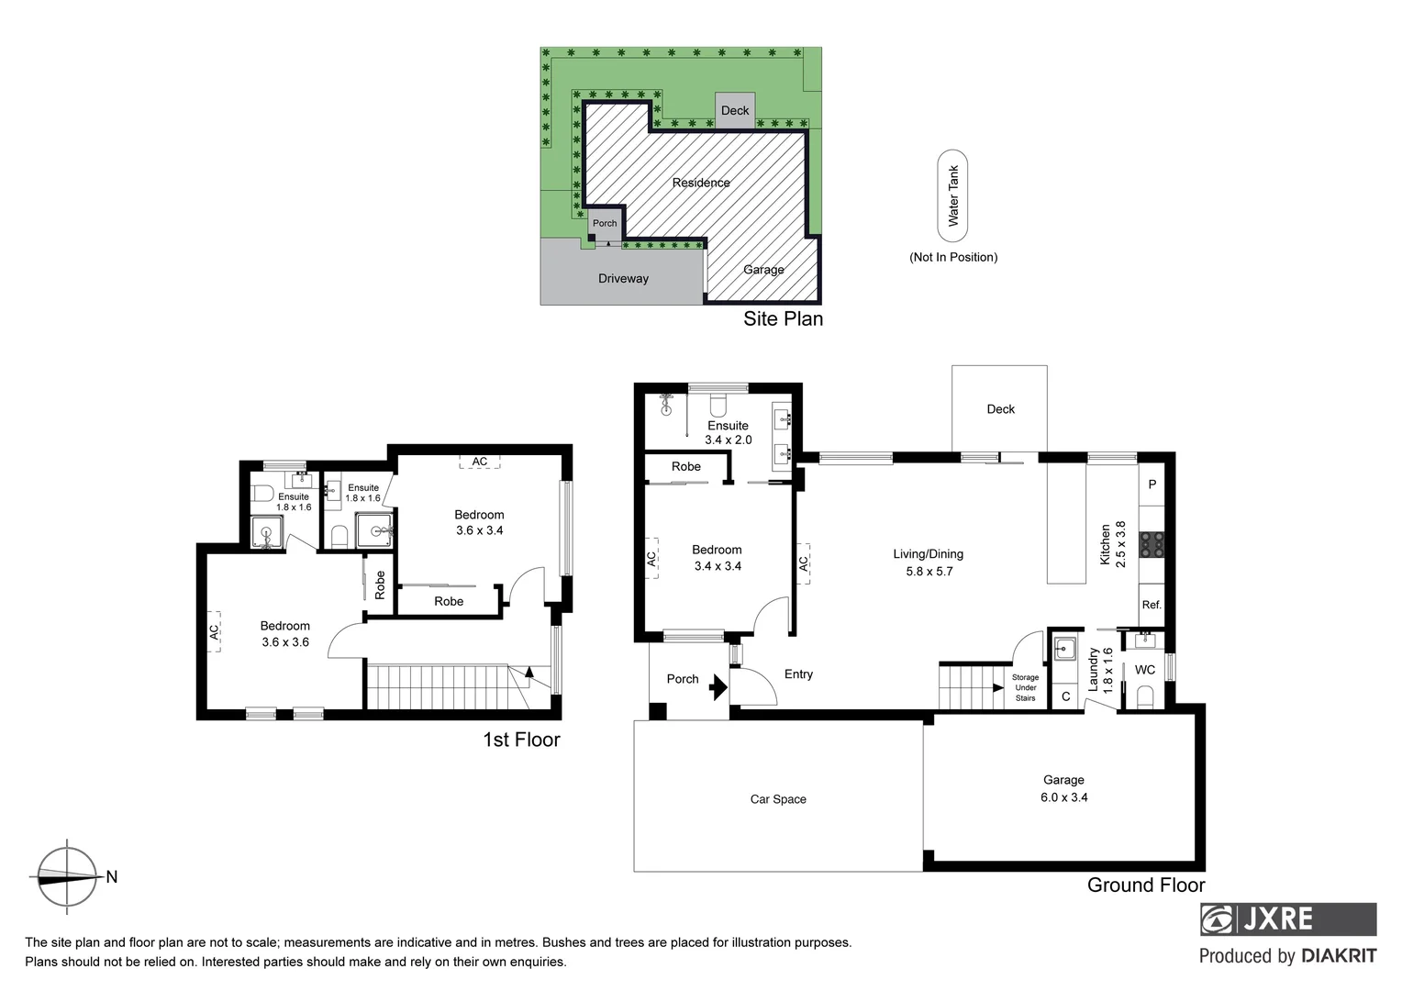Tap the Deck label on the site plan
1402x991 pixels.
[x=735, y=110]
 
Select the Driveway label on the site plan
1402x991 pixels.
[x=623, y=278]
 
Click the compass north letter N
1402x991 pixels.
[x=112, y=877]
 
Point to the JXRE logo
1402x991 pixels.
[x=1288, y=919]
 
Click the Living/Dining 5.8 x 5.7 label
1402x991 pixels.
[x=929, y=562]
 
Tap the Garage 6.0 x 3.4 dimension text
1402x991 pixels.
[x=1063, y=797]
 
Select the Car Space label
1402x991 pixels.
[x=778, y=799]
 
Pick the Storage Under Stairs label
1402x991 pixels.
[x=1025, y=687]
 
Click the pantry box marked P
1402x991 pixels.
[x=1152, y=484]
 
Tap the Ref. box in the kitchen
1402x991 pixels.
[x=1152, y=605]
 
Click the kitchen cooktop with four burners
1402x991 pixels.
[x=1152, y=546]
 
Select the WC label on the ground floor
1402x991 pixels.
[x=1145, y=670]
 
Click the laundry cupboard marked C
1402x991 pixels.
[x=1065, y=696]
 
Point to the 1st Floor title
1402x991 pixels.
[x=521, y=740]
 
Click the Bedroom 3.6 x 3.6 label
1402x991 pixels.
[x=285, y=634]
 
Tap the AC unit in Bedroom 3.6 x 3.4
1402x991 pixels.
[x=480, y=462]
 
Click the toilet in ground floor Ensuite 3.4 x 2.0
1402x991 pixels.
[x=718, y=404]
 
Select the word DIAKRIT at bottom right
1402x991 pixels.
[x=1339, y=956]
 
